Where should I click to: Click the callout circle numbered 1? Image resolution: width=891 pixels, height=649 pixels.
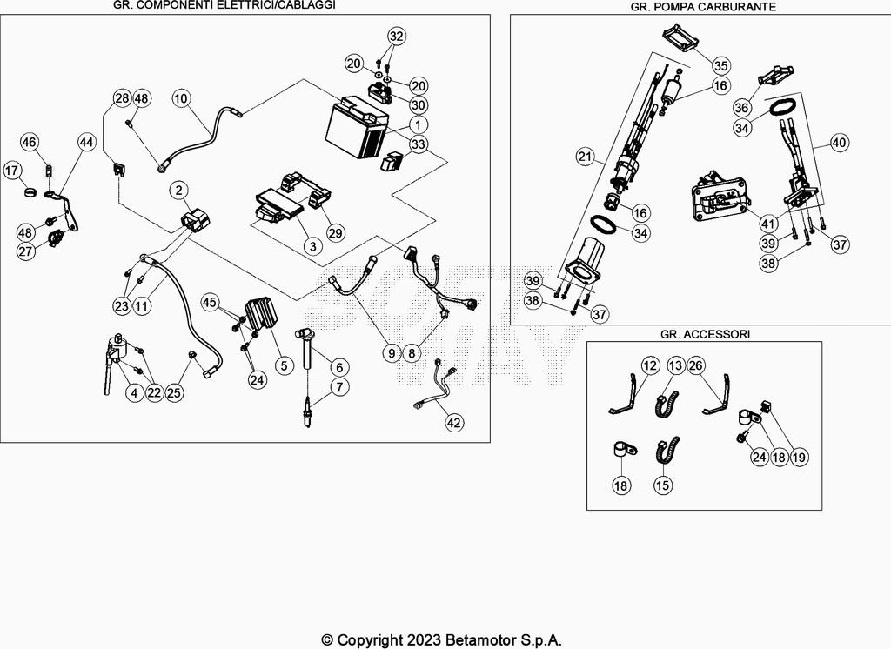[x=419, y=124]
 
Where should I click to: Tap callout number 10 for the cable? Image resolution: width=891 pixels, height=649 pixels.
[x=181, y=99]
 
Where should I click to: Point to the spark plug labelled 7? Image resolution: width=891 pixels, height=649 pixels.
[x=308, y=412]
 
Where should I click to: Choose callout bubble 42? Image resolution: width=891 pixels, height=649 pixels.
[x=453, y=422]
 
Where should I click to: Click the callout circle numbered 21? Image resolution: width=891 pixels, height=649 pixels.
[x=586, y=157]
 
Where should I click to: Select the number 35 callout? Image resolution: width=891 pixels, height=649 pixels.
[x=720, y=65]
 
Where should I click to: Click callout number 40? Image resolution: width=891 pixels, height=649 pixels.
[x=839, y=142]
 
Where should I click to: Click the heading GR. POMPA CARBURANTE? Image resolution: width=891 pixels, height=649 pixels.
[x=703, y=7]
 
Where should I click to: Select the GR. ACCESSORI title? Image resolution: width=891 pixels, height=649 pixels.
[x=705, y=334]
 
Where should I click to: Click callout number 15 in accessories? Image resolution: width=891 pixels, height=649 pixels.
[x=662, y=485]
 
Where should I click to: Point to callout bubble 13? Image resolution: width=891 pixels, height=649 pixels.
[x=675, y=365]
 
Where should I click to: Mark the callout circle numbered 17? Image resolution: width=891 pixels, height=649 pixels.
[x=12, y=170]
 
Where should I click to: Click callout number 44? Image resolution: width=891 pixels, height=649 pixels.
[x=86, y=142]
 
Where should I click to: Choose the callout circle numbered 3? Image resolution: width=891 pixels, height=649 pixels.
[x=312, y=246]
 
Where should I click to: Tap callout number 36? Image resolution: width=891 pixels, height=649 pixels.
[x=741, y=107]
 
